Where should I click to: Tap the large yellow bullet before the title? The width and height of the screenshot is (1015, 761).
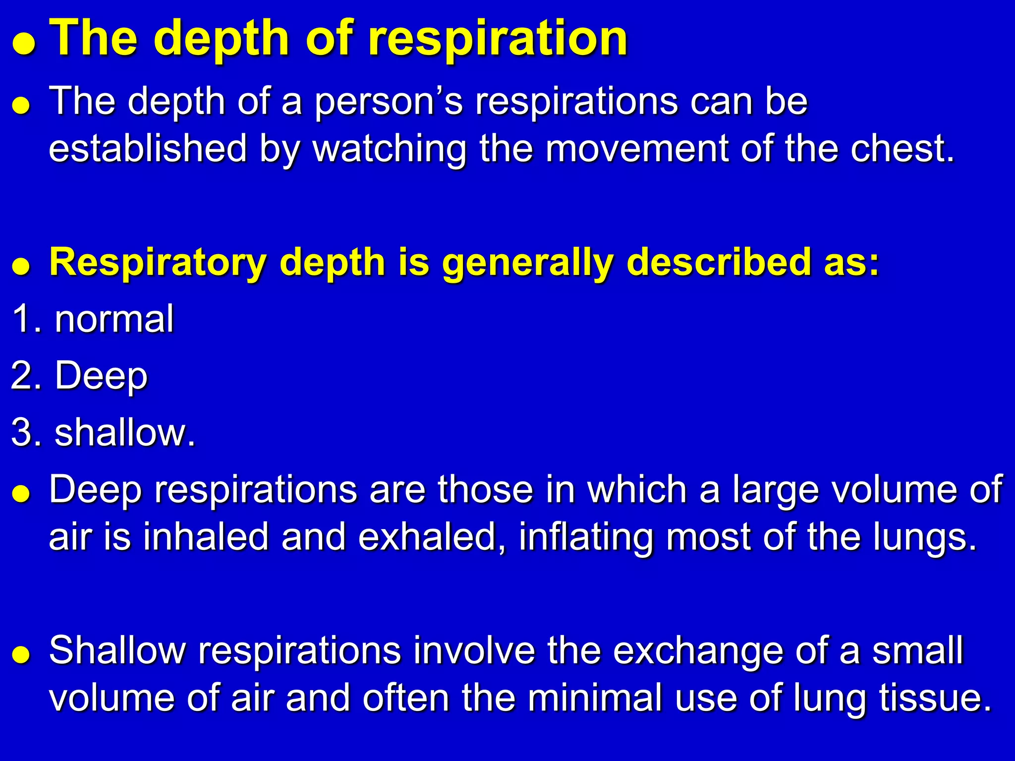coord(24,46)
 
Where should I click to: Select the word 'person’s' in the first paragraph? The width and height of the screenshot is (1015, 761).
coord(389,102)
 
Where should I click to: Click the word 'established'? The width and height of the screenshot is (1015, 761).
coord(148,149)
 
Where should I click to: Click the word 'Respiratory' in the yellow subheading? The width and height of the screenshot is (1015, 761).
coord(158,263)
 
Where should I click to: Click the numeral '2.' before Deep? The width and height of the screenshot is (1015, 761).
coord(28,375)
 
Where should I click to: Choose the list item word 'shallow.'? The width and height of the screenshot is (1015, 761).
coord(125,432)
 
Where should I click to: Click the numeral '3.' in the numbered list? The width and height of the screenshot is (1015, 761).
coord(28,432)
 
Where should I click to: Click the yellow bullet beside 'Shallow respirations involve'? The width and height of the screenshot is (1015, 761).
coord(22,654)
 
